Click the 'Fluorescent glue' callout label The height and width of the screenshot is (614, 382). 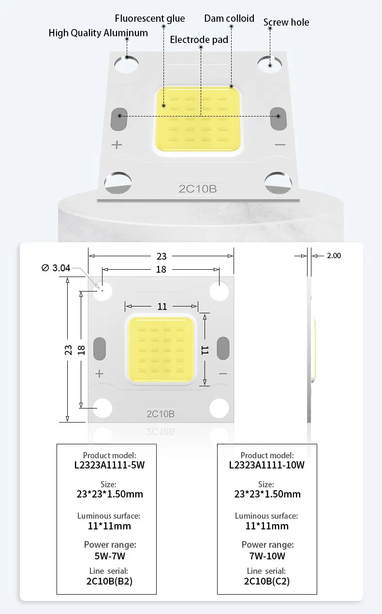(150, 19)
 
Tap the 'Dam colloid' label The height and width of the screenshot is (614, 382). (229, 18)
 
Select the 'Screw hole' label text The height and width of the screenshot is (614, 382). (286, 22)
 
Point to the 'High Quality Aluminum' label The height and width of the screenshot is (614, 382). (98, 33)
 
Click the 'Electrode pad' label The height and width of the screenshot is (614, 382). (199, 40)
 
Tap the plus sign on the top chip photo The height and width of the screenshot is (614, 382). (117, 145)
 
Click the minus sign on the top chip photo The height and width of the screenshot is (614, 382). (280, 145)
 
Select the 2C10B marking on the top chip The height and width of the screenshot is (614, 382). (198, 189)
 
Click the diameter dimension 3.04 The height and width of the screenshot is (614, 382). (56, 268)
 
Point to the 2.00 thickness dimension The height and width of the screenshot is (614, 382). (334, 255)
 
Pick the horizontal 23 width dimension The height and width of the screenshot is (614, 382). (161, 257)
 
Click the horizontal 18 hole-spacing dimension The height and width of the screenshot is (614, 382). (161, 269)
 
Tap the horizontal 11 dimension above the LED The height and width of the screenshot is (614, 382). (162, 306)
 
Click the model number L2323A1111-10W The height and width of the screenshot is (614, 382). (266, 465)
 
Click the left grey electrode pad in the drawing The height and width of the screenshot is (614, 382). (100, 349)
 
